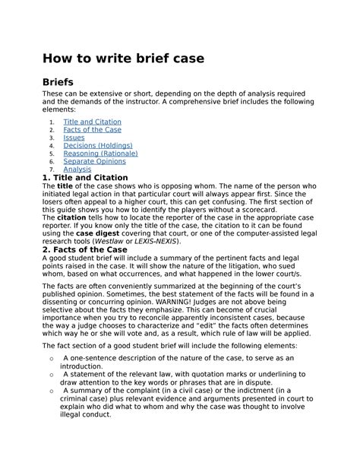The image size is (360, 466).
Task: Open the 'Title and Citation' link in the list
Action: click(x=92, y=122)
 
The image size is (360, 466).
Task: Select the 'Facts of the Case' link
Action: click(x=92, y=130)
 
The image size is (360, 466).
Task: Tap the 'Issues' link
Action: click(x=74, y=138)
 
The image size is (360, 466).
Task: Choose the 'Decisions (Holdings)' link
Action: click(x=97, y=146)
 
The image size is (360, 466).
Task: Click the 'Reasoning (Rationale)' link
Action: click(x=100, y=154)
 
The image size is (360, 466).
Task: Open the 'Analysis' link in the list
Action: click(x=77, y=170)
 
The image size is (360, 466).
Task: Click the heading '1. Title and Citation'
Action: click(x=90, y=178)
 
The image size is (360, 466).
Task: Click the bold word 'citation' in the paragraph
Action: click(x=71, y=217)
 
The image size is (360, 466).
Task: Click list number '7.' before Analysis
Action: click(x=51, y=170)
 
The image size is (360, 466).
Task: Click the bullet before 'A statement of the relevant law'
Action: click(x=51, y=374)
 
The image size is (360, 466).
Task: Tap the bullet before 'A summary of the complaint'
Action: click(x=51, y=391)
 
